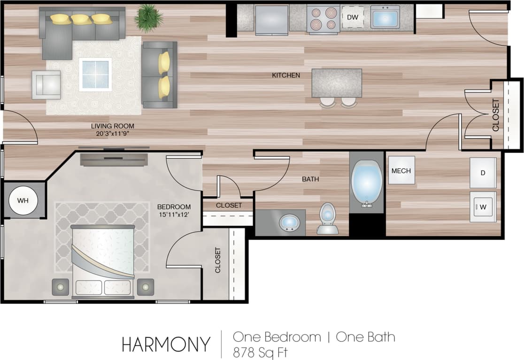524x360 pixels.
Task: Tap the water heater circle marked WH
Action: (x=23, y=200)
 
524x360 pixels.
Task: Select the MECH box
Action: (x=401, y=170)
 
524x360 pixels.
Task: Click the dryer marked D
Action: (x=483, y=173)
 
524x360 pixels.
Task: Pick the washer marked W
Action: (x=483, y=207)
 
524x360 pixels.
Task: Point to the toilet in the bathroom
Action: (x=328, y=219)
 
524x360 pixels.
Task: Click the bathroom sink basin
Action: (x=290, y=222)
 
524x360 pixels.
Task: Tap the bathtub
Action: (x=367, y=183)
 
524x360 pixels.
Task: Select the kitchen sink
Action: (x=385, y=17)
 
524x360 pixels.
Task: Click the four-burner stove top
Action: (x=323, y=18)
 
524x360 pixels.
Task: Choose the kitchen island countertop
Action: (x=337, y=83)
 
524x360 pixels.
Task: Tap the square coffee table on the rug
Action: (x=95, y=74)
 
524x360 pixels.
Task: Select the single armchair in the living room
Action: (x=46, y=84)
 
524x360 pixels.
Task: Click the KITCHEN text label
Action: (x=286, y=75)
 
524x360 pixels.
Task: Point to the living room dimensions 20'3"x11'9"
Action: (x=112, y=133)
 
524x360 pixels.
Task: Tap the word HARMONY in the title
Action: (x=166, y=345)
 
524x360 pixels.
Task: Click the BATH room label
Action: (x=310, y=179)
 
